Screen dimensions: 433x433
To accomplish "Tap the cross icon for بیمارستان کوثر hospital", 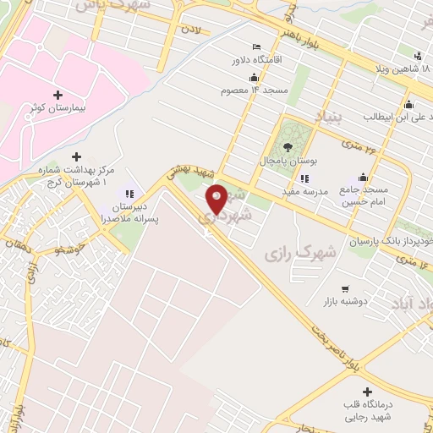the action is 58,95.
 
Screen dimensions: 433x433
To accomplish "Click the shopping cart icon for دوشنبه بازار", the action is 345,289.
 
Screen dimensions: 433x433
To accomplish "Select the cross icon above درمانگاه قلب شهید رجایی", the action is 367,392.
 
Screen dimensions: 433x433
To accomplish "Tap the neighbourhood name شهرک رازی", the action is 299,253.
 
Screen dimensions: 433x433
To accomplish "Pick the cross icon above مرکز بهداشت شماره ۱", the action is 77,156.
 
